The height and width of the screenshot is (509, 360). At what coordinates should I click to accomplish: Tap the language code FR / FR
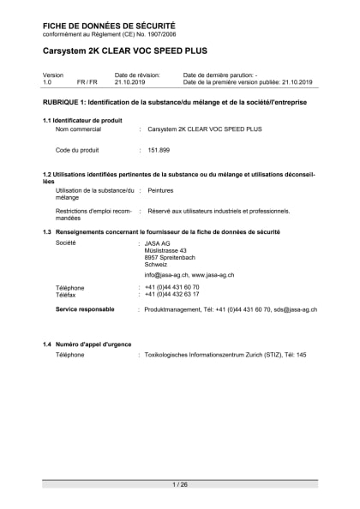87,82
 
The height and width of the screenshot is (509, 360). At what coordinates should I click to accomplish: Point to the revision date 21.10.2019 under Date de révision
130,82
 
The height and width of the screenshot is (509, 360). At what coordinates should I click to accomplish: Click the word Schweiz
156,265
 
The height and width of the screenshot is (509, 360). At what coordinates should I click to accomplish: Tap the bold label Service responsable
85,308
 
